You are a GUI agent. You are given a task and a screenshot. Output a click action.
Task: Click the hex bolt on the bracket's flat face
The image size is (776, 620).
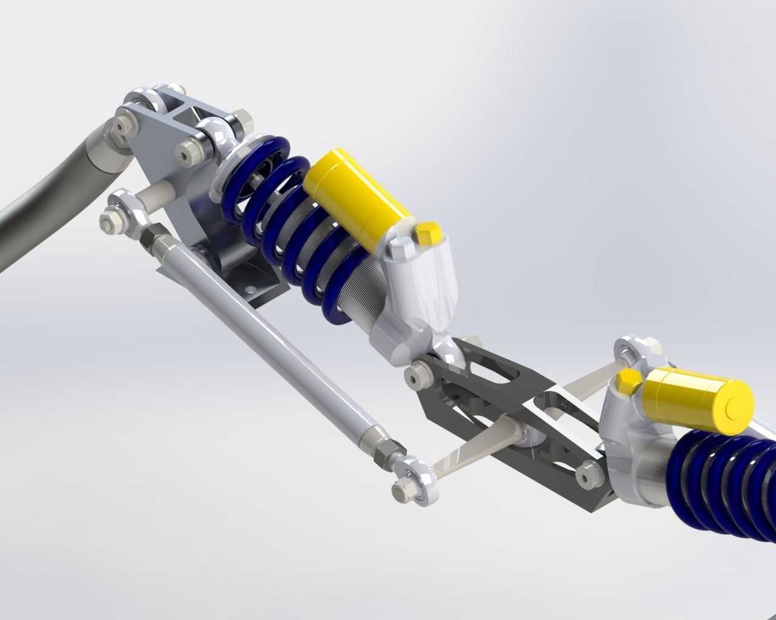[189, 150]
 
